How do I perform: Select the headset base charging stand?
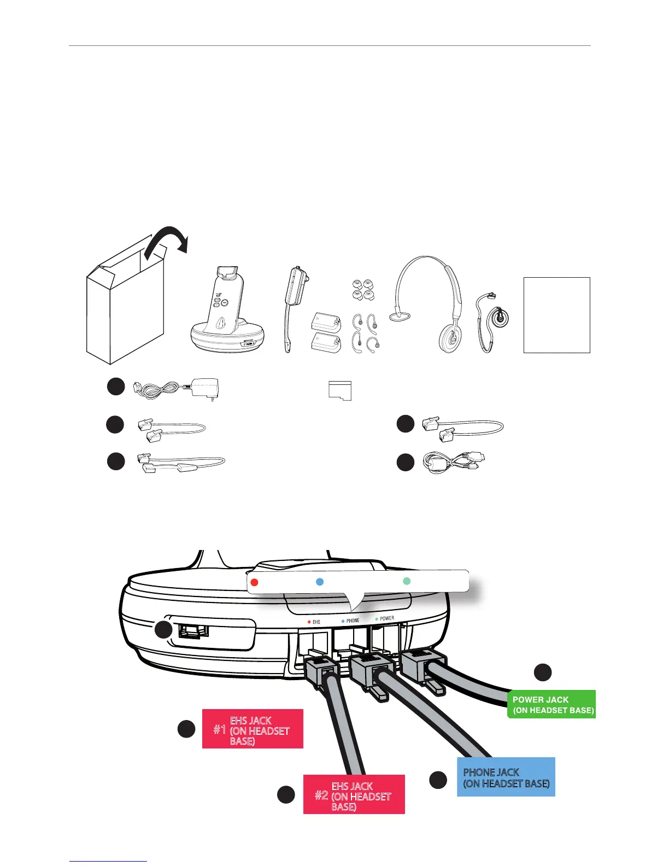coord(227,314)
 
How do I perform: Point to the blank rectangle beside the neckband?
coord(556,315)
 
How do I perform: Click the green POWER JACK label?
coord(551,704)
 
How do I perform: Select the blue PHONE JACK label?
coord(506,777)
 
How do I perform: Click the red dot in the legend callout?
coord(254,582)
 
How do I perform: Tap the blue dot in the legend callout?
coord(320,582)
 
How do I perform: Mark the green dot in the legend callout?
coord(407,581)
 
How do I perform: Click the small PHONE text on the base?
coord(353,621)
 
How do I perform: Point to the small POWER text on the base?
coord(387,618)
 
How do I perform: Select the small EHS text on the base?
coord(316,622)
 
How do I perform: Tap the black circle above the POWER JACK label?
coord(543,672)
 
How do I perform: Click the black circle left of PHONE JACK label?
coord(438,780)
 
